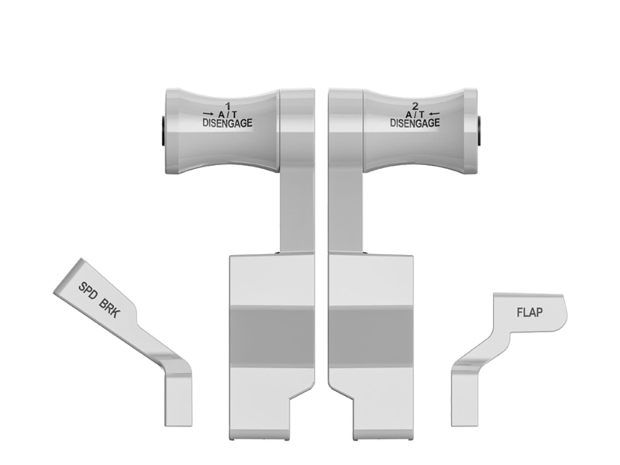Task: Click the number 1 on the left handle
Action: tap(227, 106)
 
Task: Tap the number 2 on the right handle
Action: tap(415, 106)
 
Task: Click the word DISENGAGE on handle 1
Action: tap(227, 123)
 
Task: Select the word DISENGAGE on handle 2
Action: tap(415, 123)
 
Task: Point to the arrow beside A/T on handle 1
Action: tap(208, 114)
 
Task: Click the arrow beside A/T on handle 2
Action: tap(434, 114)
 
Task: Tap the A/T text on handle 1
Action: tap(228, 114)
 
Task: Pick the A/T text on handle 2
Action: tap(415, 114)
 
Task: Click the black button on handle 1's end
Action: tap(164, 130)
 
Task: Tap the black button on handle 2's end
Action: tap(479, 130)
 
